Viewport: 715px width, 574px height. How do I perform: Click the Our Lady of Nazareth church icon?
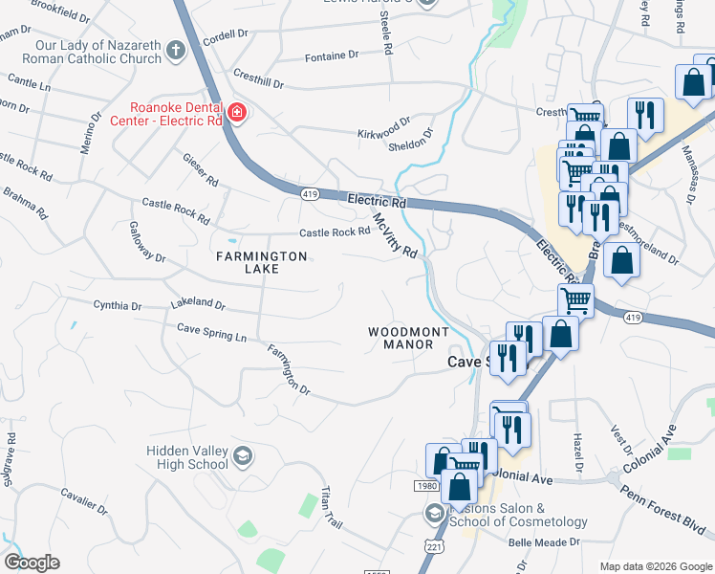pyautogui.click(x=175, y=50)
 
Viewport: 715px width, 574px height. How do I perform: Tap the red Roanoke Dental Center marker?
pyautogui.click(x=236, y=116)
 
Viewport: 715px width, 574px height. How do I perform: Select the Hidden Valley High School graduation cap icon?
pyautogui.click(x=243, y=454)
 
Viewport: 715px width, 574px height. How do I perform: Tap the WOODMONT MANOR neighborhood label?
pyautogui.click(x=408, y=338)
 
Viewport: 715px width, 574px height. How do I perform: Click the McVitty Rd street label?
pyautogui.click(x=396, y=234)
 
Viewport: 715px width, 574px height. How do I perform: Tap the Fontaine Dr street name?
pyautogui.click(x=332, y=56)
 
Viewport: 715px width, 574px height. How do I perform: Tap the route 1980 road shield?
pyautogui.click(x=428, y=486)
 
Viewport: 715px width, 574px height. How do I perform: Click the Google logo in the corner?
pyautogui.click(x=32, y=563)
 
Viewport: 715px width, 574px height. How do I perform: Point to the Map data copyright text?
pyautogui.click(x=655, y=566)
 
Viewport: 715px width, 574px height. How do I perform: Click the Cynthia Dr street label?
pyautogui.click(x=117, y=306)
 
